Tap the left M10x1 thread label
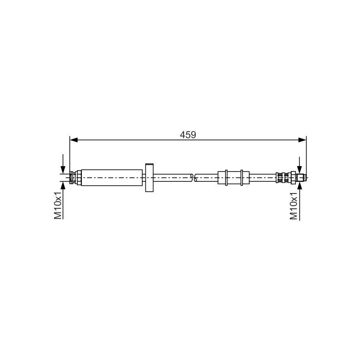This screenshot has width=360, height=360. (58, 205)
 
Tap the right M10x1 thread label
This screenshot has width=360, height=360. (294, 205)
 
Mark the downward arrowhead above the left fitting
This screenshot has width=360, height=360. (64, 168)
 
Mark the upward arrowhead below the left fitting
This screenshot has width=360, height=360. (64, 186)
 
